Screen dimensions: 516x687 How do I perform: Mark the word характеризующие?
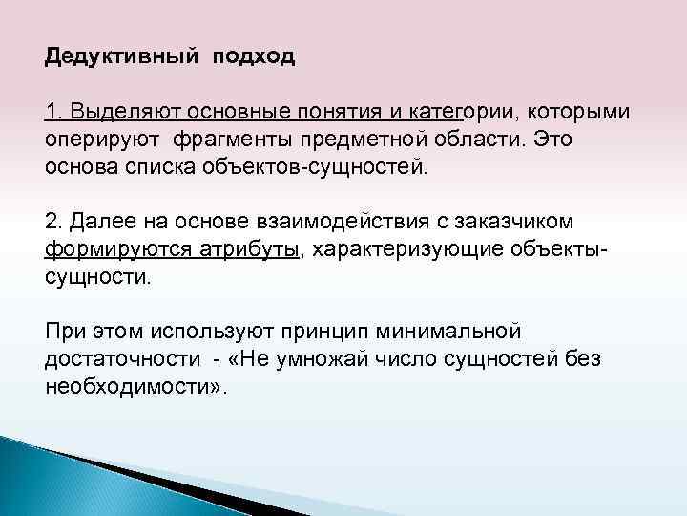406,249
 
